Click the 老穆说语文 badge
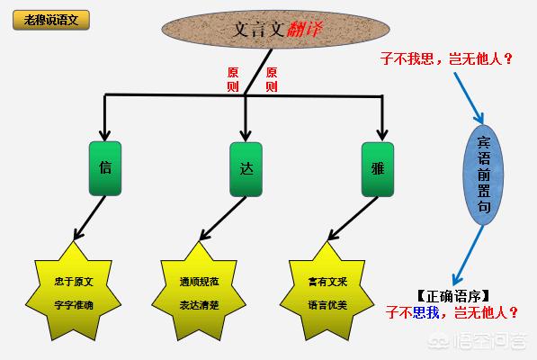tap(51, 20)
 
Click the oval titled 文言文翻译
tap(275, 29)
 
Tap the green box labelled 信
tap(105, 168)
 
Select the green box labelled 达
tap(246, 169)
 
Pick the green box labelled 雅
tap(378, 169)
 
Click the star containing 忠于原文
tap(73, 292)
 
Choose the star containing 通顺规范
tap(199, 292)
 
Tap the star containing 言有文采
tap(327, 292)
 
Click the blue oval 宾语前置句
tap(483, 175)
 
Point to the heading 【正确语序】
tap(452, 296)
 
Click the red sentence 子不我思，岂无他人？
tap(446, 58)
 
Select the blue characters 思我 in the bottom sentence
tap(425, 312)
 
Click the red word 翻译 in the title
tap(304, 29)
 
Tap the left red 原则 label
tap(233, 79)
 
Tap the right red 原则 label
tap(272, 79)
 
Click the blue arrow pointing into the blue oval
tap(469, 98)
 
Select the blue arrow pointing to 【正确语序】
tap(468, 255)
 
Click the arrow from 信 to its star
tap(89, 218)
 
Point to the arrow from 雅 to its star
tap(354, 219)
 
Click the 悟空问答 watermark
tap(478, 341)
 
